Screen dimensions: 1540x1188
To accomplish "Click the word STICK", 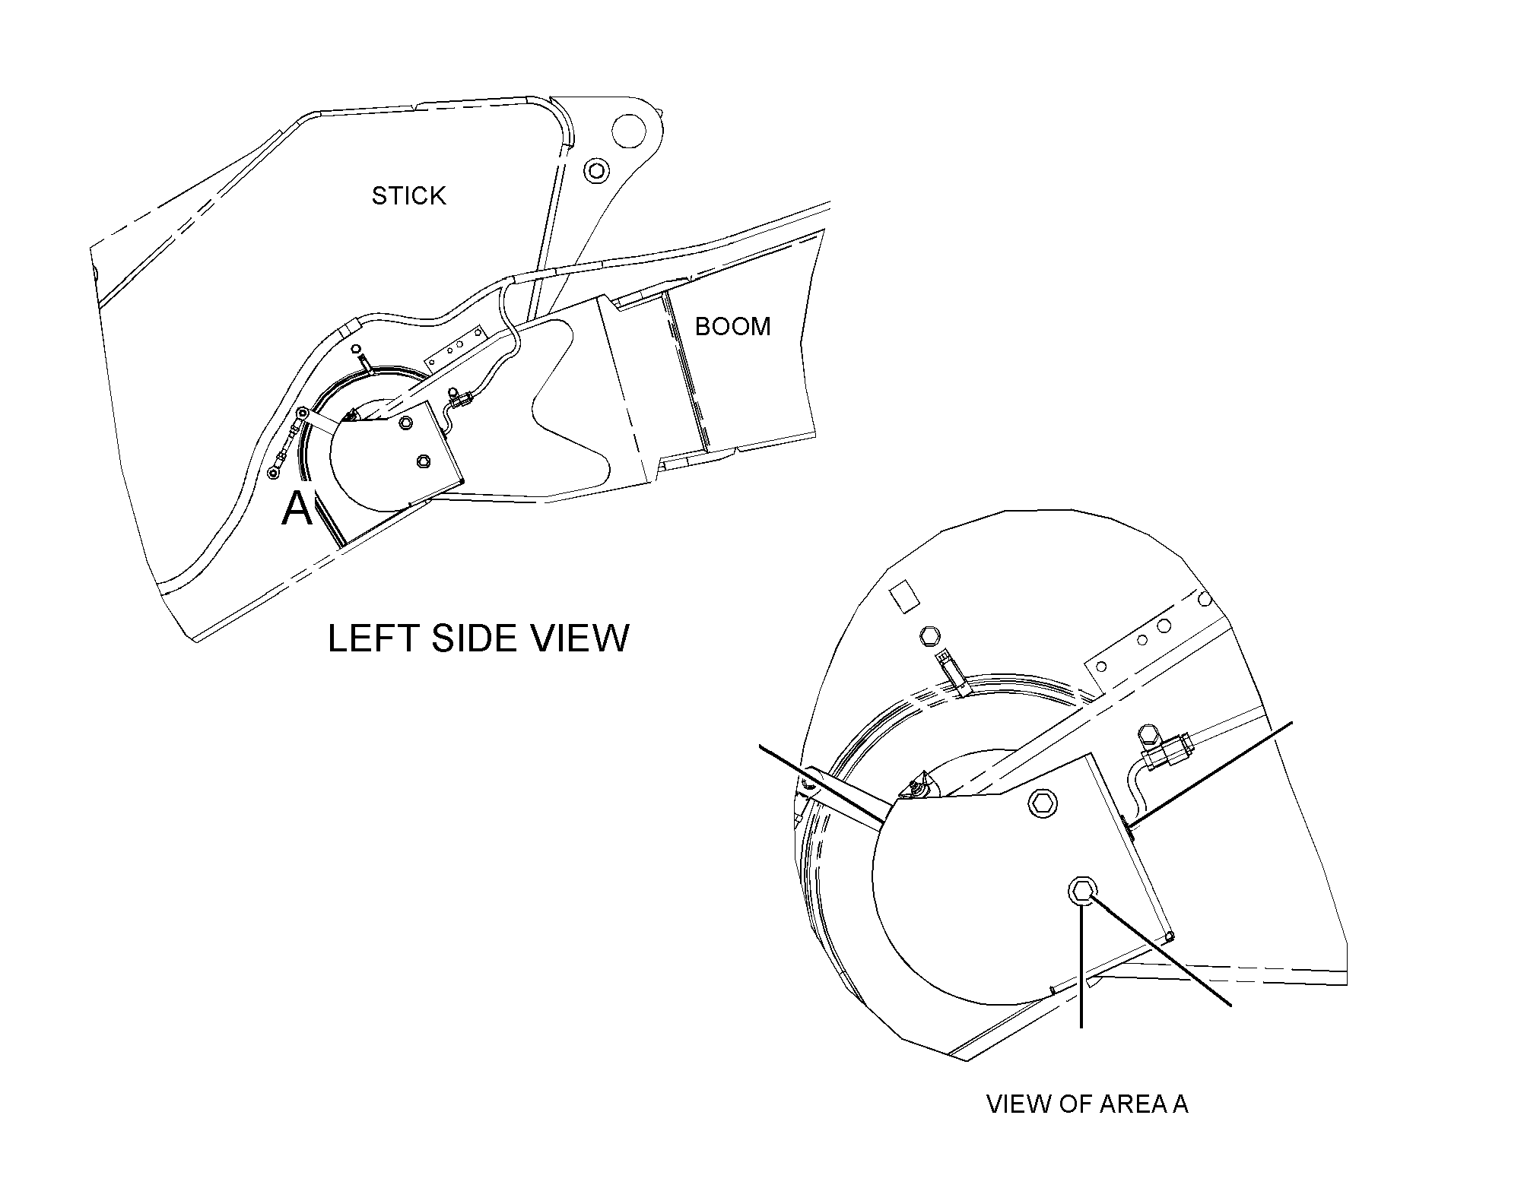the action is click(x=408, y=196).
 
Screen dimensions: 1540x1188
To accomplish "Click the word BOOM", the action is click(x=732, y=326).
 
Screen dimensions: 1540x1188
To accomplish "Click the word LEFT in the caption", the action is click(x=373, y=638).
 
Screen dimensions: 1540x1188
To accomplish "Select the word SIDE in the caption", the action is click(x=475, y=638).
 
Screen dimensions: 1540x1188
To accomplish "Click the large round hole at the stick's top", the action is click(x=628, y=130).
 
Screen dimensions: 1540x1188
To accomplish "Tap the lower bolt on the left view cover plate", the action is click(x=424, y=461).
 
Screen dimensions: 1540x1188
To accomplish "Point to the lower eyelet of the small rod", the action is click(x=272, y=474).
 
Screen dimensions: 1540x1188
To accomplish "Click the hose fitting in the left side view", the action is click(x=458, y=396).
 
